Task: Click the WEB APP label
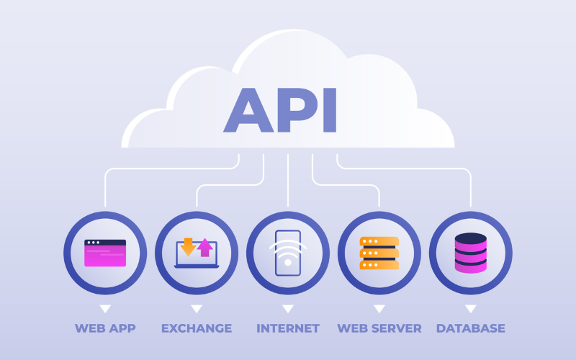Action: click(105, 328)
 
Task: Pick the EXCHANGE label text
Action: click(197, 328)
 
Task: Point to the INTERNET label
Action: click(288, 328)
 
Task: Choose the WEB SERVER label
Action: click(379, 328)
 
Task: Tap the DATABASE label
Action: click(471, 328)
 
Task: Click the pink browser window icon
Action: click(105, 253)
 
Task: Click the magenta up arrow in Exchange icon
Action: click(205, 247)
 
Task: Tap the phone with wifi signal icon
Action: click(288, 253)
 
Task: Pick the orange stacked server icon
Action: click(379, 253)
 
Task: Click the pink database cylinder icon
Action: click(471, 254)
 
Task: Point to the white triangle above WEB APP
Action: click(105, 308)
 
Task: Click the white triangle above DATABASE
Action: click(471, 308)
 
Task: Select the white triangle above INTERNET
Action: click(288, 308)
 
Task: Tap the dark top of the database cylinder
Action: click(471, 238)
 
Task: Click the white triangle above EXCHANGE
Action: click(197, 308)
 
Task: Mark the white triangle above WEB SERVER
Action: click(379, 308)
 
